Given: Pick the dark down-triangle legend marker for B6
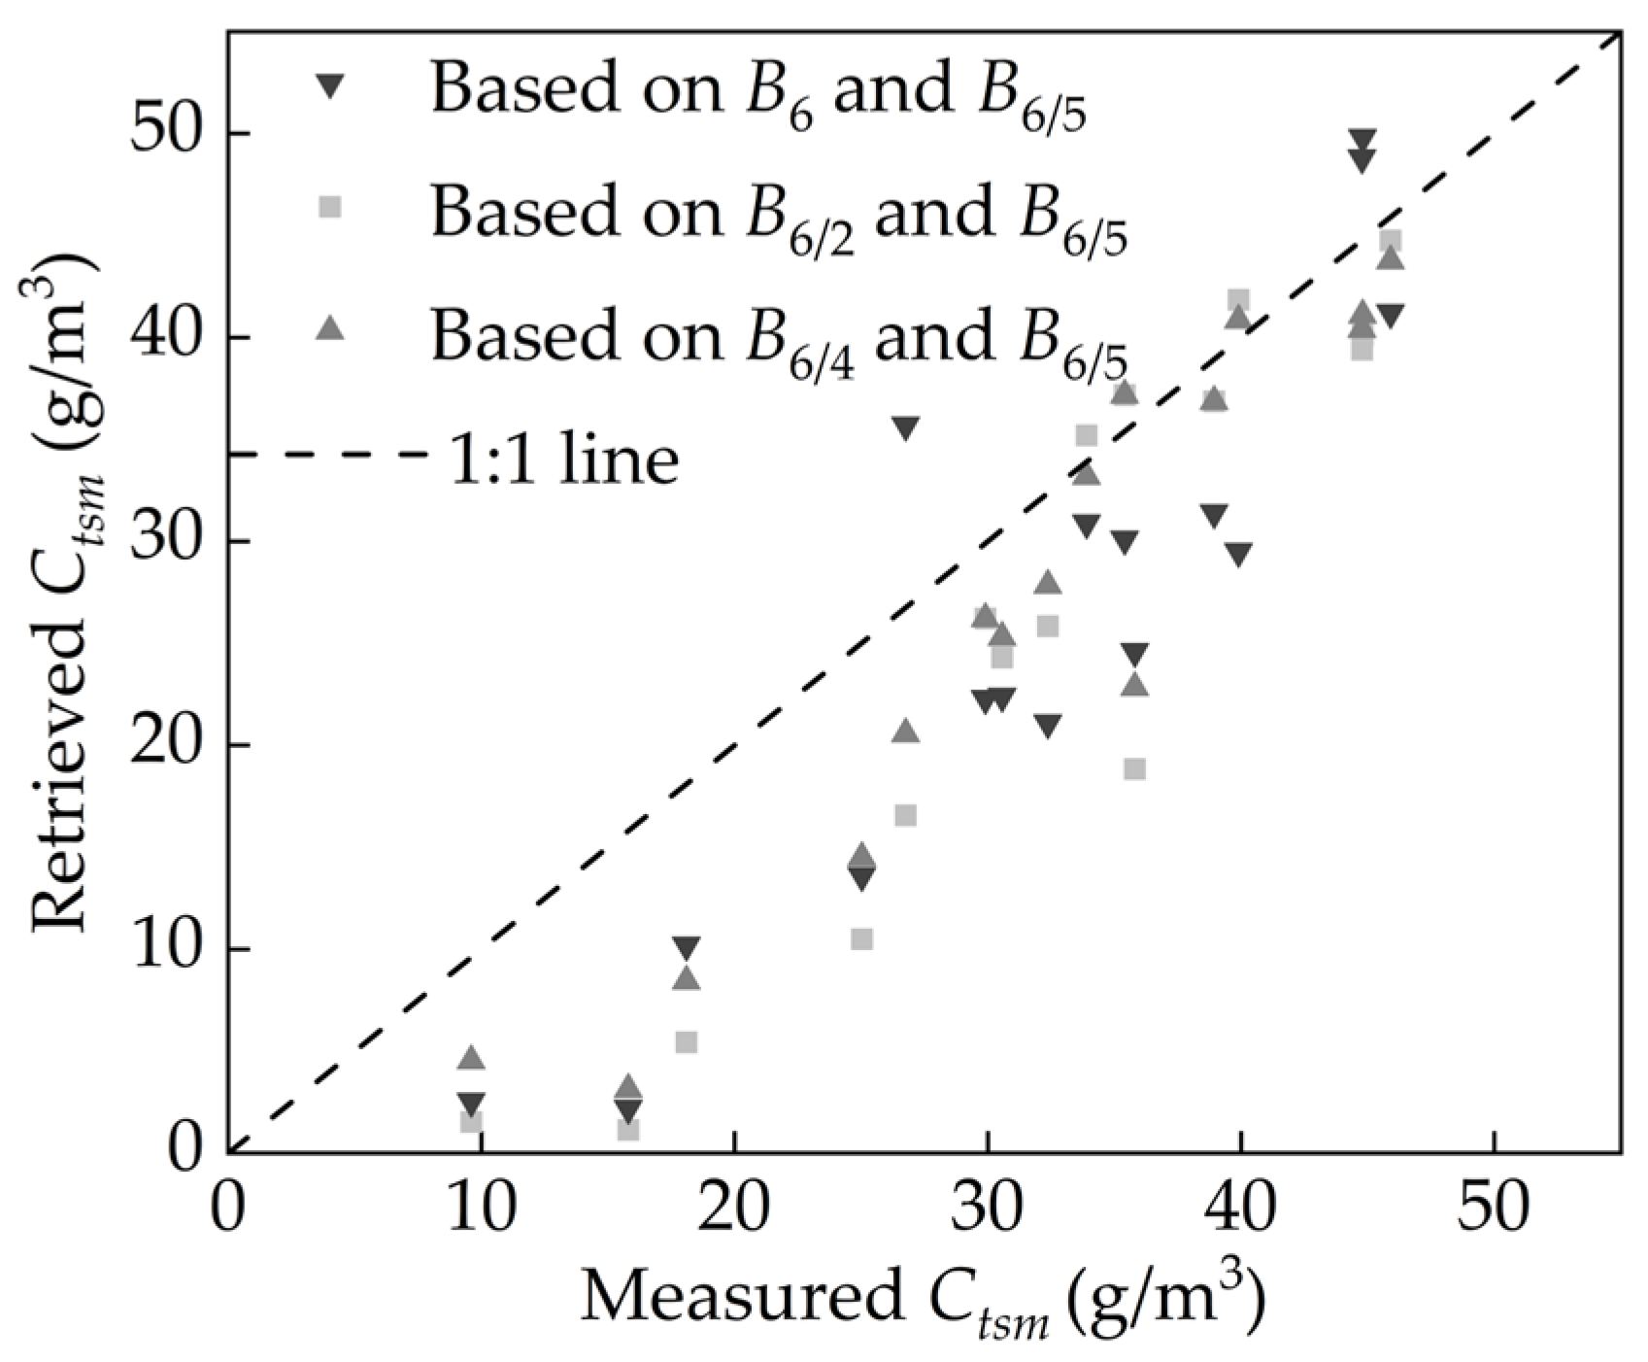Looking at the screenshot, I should (331, 87).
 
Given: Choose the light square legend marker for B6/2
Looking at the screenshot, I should (331, 206).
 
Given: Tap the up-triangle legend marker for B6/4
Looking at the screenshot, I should (331, 329).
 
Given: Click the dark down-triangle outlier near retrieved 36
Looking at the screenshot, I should (905, 428).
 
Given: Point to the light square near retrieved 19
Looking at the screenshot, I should (1134, 768).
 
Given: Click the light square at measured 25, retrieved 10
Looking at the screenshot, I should (861, 938).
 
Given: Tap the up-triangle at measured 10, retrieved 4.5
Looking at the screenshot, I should (471, 1058).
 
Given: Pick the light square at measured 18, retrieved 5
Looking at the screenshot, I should (686, 1041).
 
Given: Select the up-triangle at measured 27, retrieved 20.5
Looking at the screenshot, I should (905, 731).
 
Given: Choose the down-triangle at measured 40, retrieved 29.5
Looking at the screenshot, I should (1238, 554).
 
